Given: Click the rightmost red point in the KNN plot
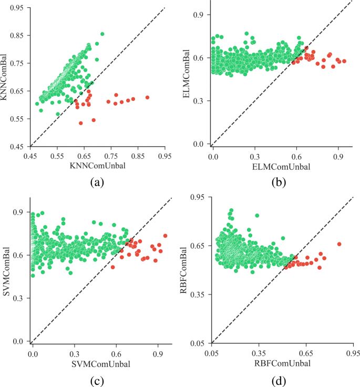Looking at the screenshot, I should pos(148,97).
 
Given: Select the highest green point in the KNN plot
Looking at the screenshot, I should pos(102,34).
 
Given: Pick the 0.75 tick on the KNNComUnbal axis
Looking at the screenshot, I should pos(111,156).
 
